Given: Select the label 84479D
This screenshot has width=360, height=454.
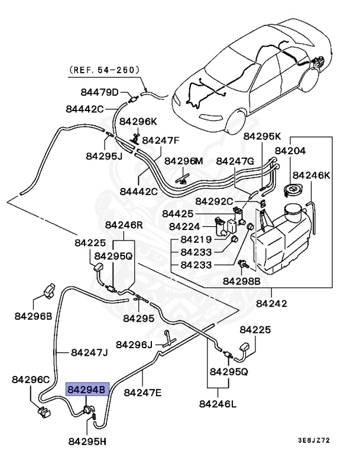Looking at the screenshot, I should pos(100,92).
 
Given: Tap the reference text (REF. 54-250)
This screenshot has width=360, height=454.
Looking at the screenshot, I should pos(104,70).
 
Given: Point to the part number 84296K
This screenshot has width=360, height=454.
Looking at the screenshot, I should pos(138,121).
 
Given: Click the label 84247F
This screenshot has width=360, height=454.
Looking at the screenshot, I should pos(161,141).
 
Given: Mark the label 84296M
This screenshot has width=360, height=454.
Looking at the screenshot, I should pos(183,161).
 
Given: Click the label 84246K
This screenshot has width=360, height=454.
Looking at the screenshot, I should pos(312,175).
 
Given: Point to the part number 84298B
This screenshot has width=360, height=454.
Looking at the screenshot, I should pos(241,282).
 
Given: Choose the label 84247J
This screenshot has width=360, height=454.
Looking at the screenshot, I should pos(89,353).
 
